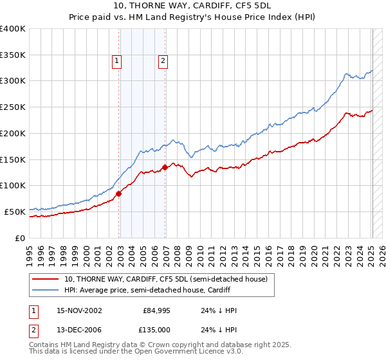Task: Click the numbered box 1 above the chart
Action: click(117, 61)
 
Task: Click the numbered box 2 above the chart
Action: click(163, 61)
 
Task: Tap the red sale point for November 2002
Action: click(119, 193)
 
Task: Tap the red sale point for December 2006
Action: click(165, 167)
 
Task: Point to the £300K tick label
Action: click(13, 81)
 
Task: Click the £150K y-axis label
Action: click(13, 159)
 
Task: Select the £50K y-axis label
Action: click(15, 212)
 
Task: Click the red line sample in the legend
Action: click(46, 279)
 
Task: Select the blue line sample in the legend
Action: click(46, 290)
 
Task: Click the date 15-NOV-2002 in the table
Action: click(79, 310)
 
